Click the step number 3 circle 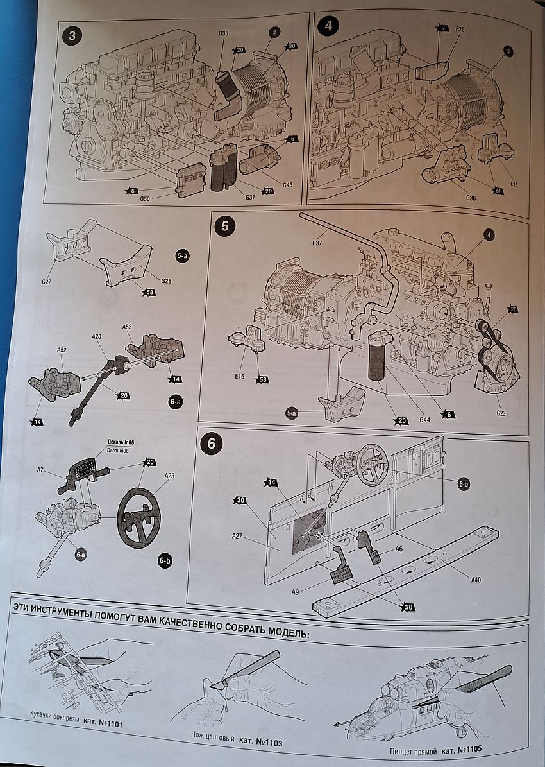(71, 36)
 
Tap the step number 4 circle (328, 27)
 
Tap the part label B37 (317, 243)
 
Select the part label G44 (424, 420)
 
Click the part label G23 (501, 413)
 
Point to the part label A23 (169, 476)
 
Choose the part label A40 (475, 580)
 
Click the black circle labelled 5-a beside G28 (181, 255)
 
